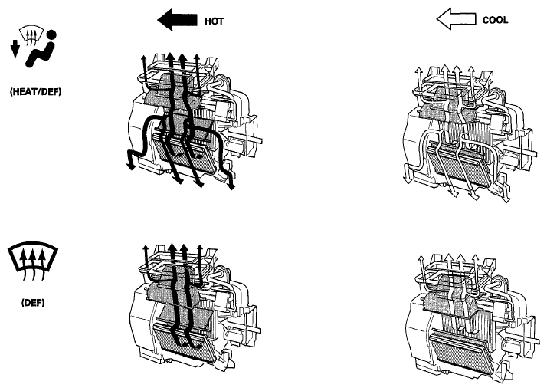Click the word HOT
(x=214, y=21)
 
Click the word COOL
(x=495, y=20)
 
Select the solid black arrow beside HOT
(x=177, y=20)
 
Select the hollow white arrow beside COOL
(x=456, y=18)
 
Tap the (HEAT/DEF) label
(x=35, y=92)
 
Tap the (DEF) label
(x=33, y=302)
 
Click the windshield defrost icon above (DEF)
(x=33, y=261)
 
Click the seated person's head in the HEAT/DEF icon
(x=51, y=35)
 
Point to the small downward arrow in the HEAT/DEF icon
(x=15, y=48)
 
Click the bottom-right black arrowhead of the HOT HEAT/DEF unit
(x=231, y=185)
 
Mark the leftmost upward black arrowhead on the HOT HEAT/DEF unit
(x=143, y=58)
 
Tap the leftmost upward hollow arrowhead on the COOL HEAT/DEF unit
(x=418, y=70)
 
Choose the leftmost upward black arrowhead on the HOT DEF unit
(x=146, y=248)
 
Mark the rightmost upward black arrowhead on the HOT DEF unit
(x=199, y=248)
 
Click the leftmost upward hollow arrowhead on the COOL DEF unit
(x=421, y=259)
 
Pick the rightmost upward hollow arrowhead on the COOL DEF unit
(x=475, y=258)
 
